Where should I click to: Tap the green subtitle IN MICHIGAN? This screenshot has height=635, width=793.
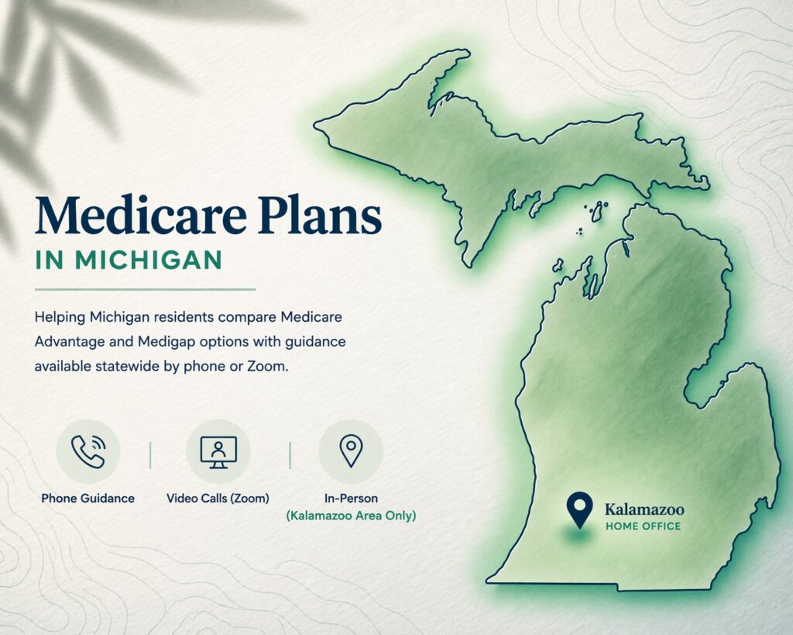point(129,261)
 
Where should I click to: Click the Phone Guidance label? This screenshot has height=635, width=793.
point(88,498)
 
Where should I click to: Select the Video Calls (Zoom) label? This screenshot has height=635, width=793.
point(218,498)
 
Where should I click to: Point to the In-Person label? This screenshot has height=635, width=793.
point(351,498)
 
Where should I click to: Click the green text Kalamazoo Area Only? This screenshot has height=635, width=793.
point(351,515)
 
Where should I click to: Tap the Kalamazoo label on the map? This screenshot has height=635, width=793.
point(644,509)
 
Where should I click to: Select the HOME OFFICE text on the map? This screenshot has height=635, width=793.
point(643,526)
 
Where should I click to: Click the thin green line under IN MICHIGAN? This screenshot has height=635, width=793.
point(145,289)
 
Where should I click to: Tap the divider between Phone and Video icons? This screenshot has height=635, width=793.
point(150,455)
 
